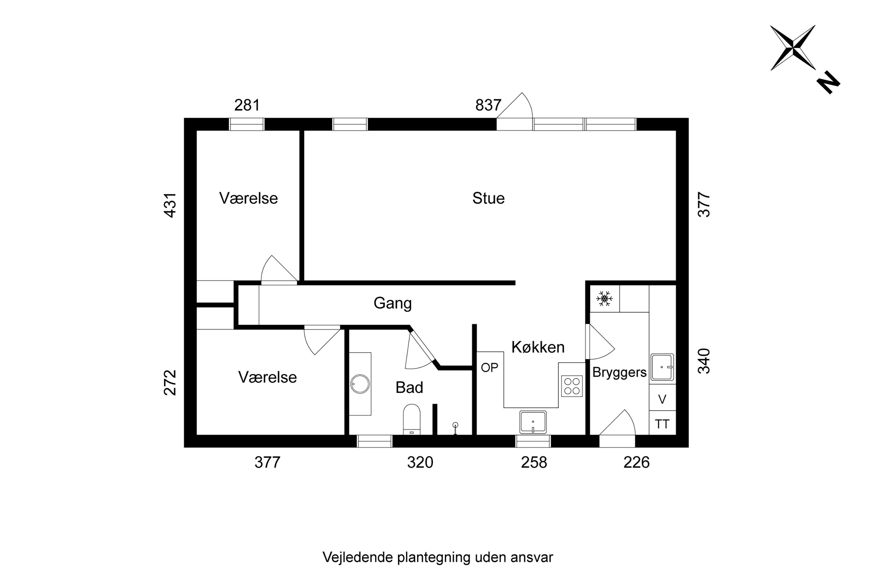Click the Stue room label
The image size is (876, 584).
488,198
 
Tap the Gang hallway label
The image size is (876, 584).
392,303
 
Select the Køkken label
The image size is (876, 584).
538,347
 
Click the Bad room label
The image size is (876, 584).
409,388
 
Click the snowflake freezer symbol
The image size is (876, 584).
604,299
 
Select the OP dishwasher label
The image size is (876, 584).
489,368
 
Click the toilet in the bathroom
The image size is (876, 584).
411,419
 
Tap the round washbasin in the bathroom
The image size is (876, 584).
360,384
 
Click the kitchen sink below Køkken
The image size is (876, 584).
533,422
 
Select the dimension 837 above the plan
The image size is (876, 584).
488,105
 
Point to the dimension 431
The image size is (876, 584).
170,205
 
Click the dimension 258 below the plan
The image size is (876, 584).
534,463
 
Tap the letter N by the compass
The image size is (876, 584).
828,82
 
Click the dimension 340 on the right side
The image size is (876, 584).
703,361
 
